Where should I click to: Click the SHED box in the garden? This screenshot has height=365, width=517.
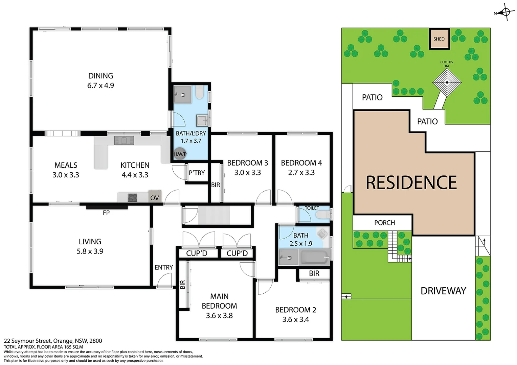coord(439,38)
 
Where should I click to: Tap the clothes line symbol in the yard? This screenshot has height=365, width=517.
coord(447,82)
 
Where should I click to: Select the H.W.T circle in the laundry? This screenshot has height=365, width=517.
coord(180,154)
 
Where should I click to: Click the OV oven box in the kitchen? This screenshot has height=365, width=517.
coord(155,197)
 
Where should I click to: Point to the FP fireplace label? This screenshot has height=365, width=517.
coord(106,213)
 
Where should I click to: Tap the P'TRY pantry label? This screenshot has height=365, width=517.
coord(197,173)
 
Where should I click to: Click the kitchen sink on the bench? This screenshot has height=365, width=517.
coord(124,140)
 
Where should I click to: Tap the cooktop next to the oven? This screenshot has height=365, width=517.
coord(132,197)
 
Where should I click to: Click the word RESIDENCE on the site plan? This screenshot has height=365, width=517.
coord(411,182)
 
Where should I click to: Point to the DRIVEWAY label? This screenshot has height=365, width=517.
coord(443,291)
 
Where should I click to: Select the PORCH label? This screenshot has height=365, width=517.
coord(384,223)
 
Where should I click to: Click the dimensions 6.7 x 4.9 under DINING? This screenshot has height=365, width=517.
coord(100,86)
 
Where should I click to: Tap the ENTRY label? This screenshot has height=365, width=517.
coord(164,267)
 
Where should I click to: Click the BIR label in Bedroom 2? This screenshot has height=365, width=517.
coord(314,273)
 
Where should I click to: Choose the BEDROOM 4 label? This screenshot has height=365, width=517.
coord(301,163)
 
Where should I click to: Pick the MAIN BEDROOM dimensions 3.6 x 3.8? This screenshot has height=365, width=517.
coord(219,316)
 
